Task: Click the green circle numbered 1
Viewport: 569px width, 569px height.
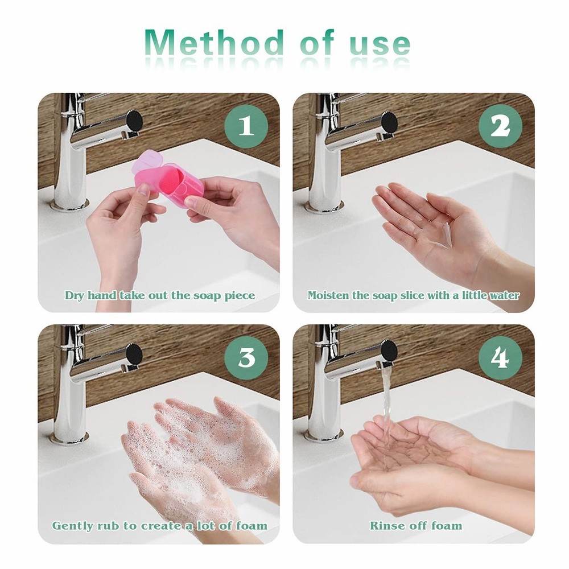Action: click(246, 126)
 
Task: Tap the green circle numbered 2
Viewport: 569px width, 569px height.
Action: click(500, 126)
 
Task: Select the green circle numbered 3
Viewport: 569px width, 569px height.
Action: click(246, 358)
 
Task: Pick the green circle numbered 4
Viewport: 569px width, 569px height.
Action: click(500, 358)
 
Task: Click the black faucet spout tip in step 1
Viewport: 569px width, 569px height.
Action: click(134, 121)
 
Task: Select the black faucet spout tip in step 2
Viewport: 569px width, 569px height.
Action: click(389, 121)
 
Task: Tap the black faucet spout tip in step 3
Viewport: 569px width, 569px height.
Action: click(134, 352)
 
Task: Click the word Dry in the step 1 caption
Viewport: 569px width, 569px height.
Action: click(75, 295)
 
